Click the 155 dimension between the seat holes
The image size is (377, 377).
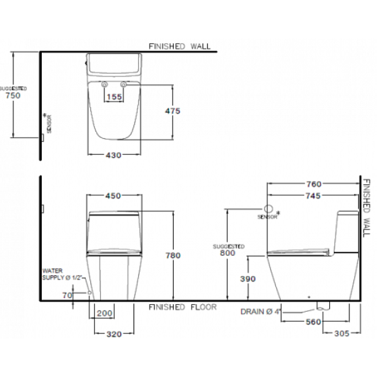114,97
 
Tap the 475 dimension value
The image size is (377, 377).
172,111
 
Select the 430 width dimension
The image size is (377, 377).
114,156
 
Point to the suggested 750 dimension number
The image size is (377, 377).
13,96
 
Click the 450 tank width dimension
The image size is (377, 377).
113,196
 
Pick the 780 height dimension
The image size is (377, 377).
173,255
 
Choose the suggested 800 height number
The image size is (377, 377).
228,252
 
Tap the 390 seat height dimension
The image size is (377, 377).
248,279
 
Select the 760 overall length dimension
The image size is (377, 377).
314,184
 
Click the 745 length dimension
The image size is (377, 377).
313,196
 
